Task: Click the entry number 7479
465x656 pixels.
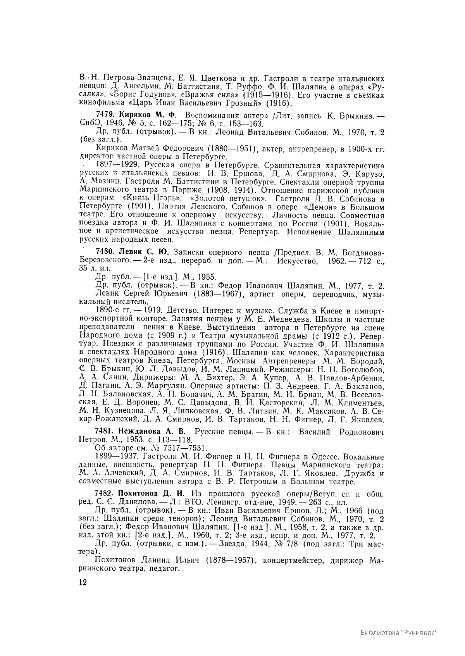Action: pyautogui.click(x=105, y=115)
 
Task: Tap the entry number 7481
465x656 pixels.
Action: pyautogui.click(x=105, y=432)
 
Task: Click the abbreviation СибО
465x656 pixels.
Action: pyautogui.click(x=89, y=124)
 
